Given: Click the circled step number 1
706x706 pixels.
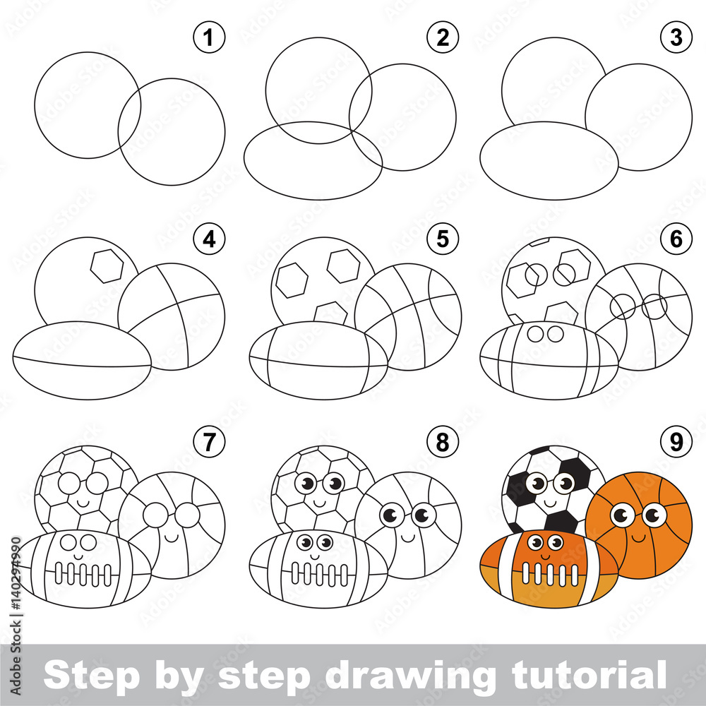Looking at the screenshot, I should [208, 38].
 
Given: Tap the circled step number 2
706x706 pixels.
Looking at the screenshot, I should [443, 38].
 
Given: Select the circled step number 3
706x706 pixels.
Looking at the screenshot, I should [677, 38].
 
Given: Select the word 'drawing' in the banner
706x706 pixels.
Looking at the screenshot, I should [409, 676].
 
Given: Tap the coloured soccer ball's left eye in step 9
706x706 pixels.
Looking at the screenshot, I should [537, 484].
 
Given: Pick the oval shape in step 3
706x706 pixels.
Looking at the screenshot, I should [549, 161].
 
